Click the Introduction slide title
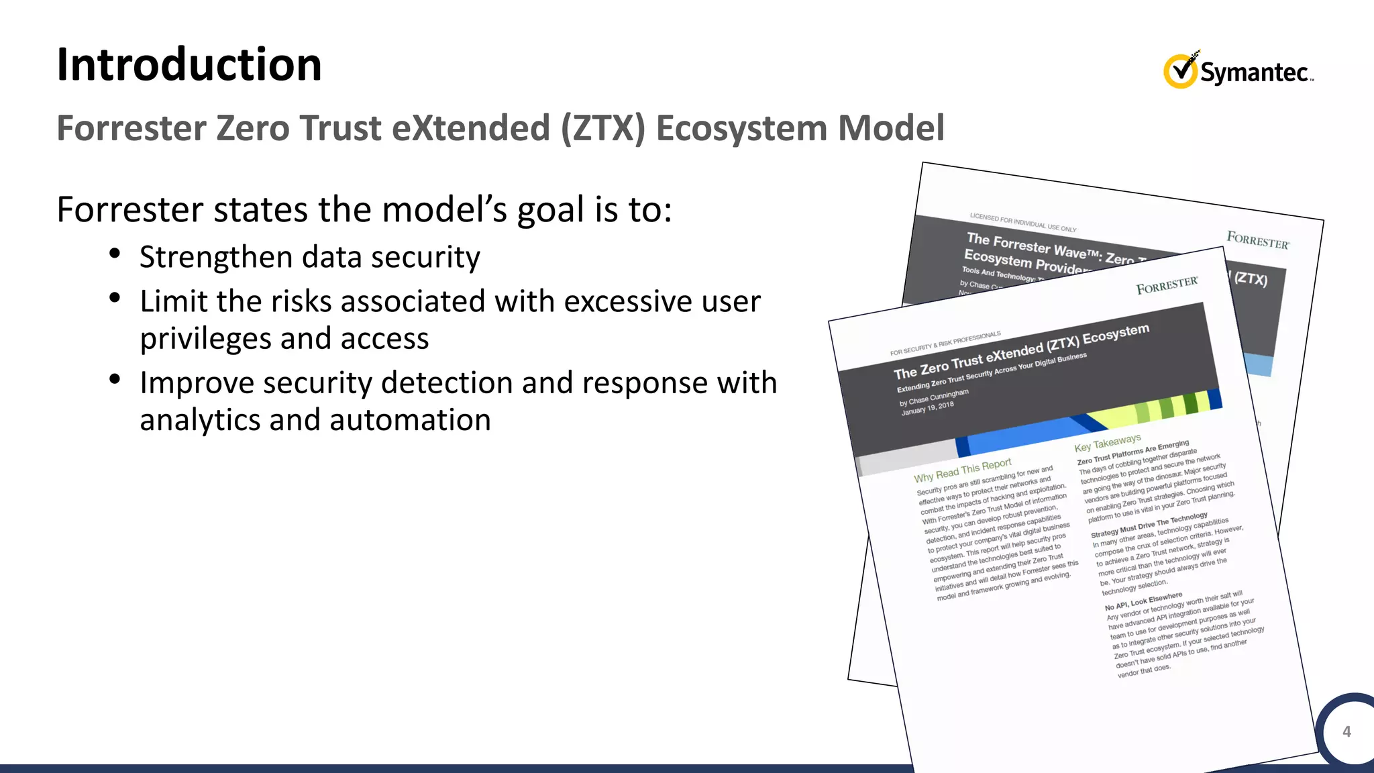pyautogui.click(x=189, y=65)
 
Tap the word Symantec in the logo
pyautogui.click(x=1254, y=72)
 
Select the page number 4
pyautogui.click(x=1346, y=731)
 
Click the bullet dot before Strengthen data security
pyautogui.click(x=115, y=254)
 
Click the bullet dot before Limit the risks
pyautogui.click(x=115, y=297)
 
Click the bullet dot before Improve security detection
pyautogui.click(x=115, y=379)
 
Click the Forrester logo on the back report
pyautogui.click(x=1257, y=240)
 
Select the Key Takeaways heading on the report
pyautogui.click(x=1107, y=443)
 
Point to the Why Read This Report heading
pyautogui.click(x=962, y=470)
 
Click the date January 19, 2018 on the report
pyautogui.click(x=927, y=409)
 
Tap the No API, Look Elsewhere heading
pyautogui.click(x=1143, y=601)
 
